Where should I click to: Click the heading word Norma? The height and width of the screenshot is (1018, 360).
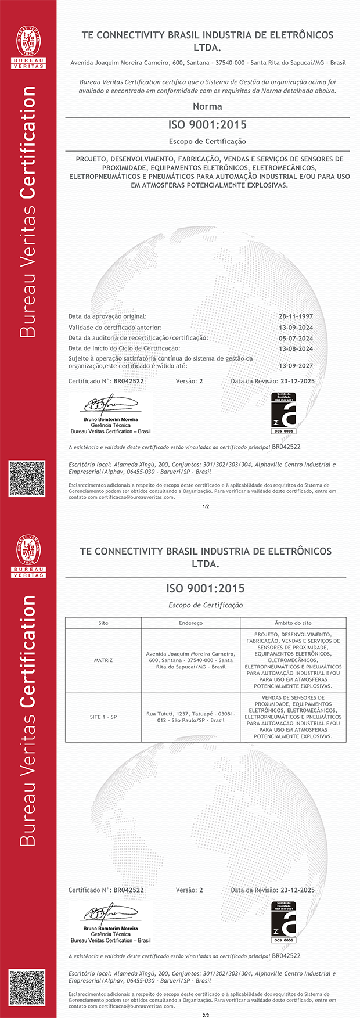(x=207, y=106)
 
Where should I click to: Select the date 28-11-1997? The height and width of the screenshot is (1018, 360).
(x=296, y=316)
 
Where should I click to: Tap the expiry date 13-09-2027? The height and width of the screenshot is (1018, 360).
(x=296, y=366)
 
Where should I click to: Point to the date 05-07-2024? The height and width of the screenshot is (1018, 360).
(x=296, y=338)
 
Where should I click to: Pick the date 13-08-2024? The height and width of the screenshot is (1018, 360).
(x=296, y=348)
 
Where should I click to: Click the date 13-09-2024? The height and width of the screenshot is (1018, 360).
(x=296, y=328)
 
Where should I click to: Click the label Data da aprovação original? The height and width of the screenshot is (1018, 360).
(x=107, y=316)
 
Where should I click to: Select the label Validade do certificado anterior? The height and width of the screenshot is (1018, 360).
(x=115, y=328)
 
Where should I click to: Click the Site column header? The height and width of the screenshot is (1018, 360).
(x=103, y=623)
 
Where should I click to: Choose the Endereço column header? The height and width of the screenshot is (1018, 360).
(x=190, y=623)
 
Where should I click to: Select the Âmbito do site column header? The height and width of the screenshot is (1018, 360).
(x=293, y=623)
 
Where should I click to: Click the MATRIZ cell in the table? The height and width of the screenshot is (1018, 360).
(x=103, y=660)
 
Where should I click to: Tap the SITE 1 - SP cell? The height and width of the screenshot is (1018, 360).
(x=103, y=717)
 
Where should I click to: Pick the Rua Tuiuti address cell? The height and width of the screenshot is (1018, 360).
(x=190, y=717)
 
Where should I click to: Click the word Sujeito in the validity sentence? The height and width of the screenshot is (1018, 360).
(x=80, y=359)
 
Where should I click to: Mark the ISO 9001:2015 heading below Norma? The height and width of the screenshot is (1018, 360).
(x=207, y=125)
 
